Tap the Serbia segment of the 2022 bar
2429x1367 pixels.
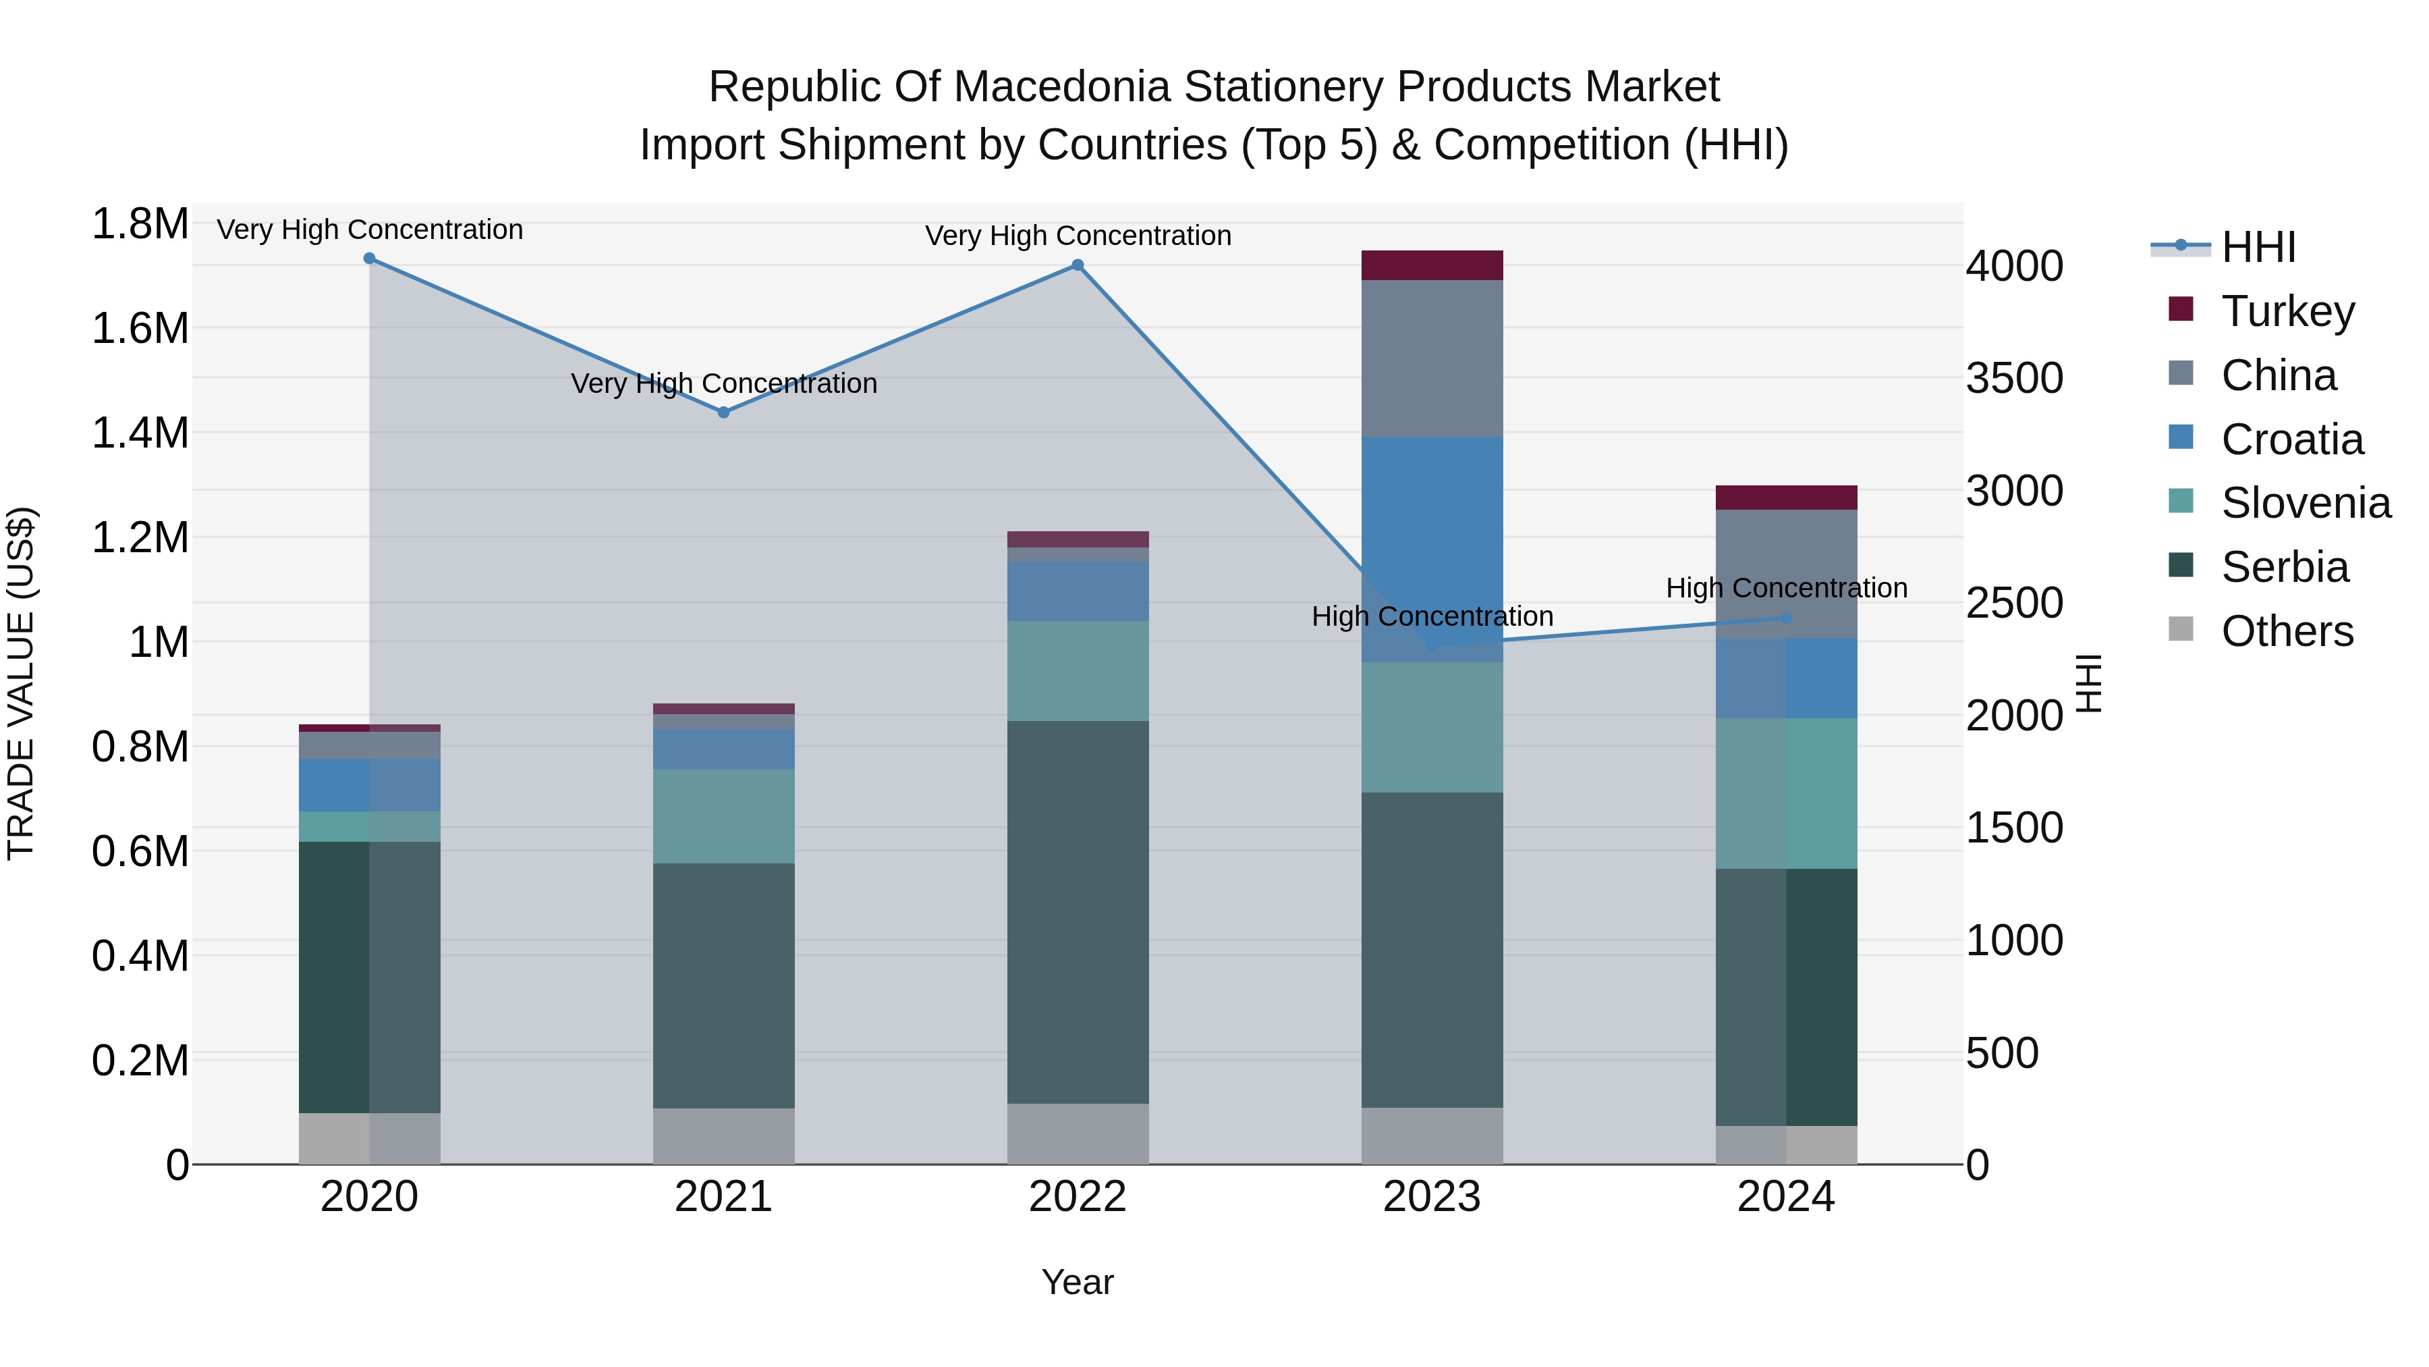point(1078,911)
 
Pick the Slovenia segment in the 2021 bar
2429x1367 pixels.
point(723,816)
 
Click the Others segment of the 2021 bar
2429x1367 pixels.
point(723,1136)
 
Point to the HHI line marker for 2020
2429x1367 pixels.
point(370,259)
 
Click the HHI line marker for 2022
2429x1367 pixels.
point(1078,265)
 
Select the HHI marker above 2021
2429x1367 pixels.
point(723,412)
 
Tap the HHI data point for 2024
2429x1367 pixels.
point(1786,618)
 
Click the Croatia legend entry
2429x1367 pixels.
point(2291,439)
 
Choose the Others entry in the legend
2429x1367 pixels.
point(2287,631)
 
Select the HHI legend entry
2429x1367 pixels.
point(2258,247)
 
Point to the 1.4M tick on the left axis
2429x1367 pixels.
point(140,433)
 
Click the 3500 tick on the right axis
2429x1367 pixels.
point(2014,377)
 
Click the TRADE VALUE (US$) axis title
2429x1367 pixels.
point(21,683)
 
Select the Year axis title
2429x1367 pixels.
point(1077,1282)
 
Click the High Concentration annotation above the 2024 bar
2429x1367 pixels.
point(1786,588)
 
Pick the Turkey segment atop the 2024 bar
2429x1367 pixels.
point(1786,497)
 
